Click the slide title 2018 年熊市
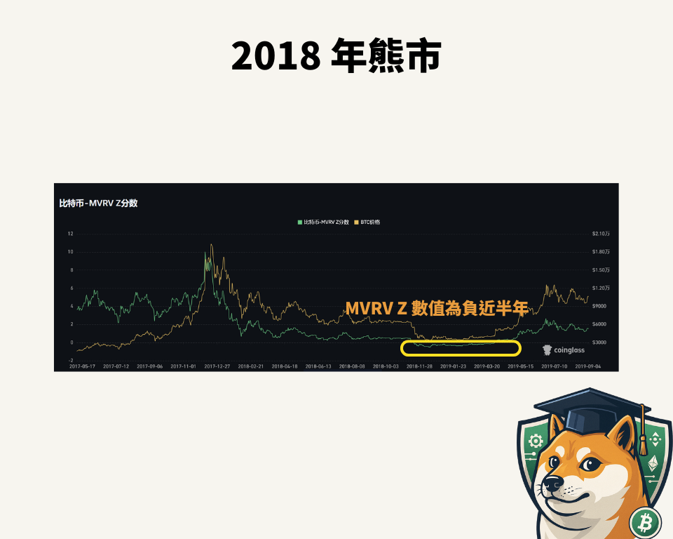[336, 55]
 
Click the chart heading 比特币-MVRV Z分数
[98, 204]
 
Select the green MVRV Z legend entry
[323, 222]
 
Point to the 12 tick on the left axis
[70, 234]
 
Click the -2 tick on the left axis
[70, 359]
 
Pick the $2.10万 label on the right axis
[601, 234]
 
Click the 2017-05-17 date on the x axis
[82, 366]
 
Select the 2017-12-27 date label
[217, 366]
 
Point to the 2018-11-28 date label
[419, 366]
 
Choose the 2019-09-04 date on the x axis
[588, 366]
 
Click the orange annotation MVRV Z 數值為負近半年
[436, 308]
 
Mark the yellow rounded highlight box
[461, 348]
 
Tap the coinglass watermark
[564, 350]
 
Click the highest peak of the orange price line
[211, 245]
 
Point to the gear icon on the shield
[536, 441]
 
